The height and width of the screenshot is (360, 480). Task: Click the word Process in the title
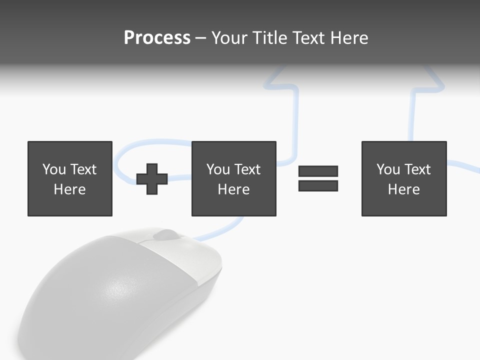[x=157, y=37]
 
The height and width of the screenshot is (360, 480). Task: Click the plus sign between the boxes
[x=152, y=178]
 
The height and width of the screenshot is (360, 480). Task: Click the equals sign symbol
[x=318, y=178]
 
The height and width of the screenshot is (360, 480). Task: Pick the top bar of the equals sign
[x=318, y=171]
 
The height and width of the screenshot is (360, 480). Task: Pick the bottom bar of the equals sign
[x=318, y=185]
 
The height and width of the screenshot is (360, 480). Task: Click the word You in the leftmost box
[x=54, y=169]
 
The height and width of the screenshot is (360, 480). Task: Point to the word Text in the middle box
[x=246, y=169]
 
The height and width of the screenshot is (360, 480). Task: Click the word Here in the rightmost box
[x=404, y=189]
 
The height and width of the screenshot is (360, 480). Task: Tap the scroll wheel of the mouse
[x=165, y=234]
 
